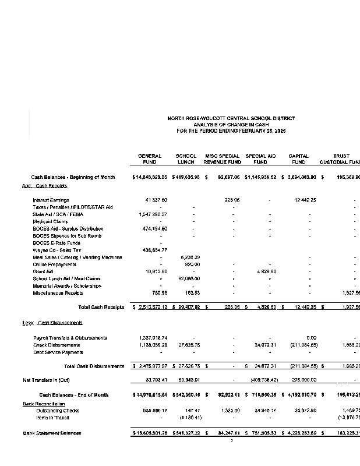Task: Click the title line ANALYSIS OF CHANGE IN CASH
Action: tap(231, 125)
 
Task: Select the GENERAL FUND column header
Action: tap(149, 159)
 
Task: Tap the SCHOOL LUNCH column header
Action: tap(186, 159)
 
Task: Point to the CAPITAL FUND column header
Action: tap(298, 159)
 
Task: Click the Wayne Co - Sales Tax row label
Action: tap(59, 250)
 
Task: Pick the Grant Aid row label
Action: tap(43, 271)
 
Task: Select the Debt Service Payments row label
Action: tap(58, 352)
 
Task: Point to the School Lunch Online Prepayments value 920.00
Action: tap(192, 264)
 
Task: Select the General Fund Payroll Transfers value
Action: tap(153, 338)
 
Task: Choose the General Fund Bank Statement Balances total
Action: tap(151, 433)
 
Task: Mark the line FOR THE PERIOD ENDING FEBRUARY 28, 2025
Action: tap(231, 131)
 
